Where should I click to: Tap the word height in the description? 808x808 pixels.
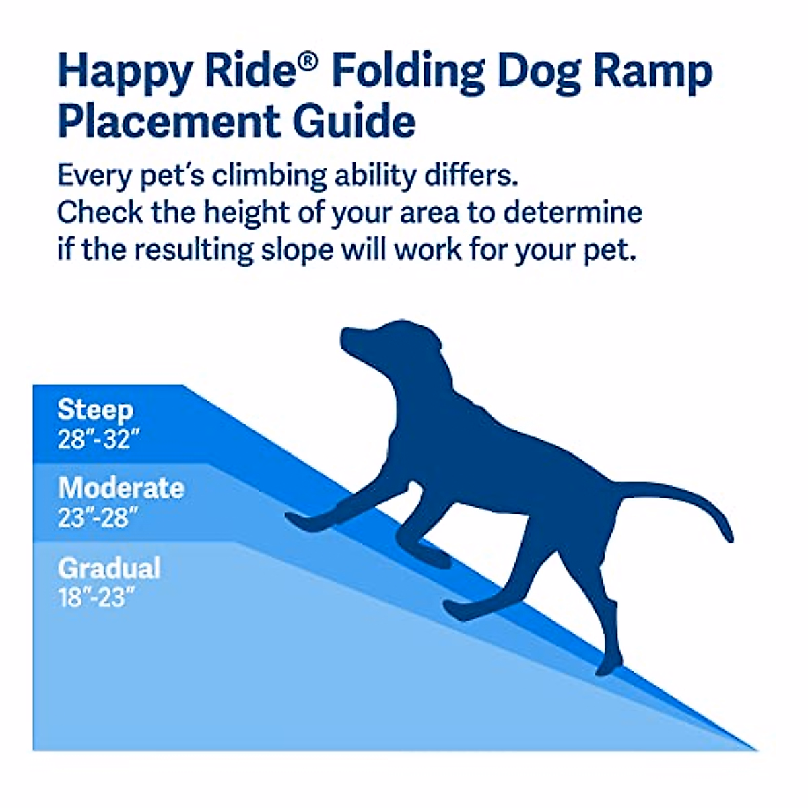[246, 213]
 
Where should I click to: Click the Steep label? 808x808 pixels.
[95, 410]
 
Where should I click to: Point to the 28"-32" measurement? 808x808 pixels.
[98, 440]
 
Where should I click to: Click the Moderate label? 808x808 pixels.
[121, 488]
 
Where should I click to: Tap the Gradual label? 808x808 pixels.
[109, 568]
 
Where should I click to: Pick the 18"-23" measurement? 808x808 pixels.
[92, 597]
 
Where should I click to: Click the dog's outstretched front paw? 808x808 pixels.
[296, 519]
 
